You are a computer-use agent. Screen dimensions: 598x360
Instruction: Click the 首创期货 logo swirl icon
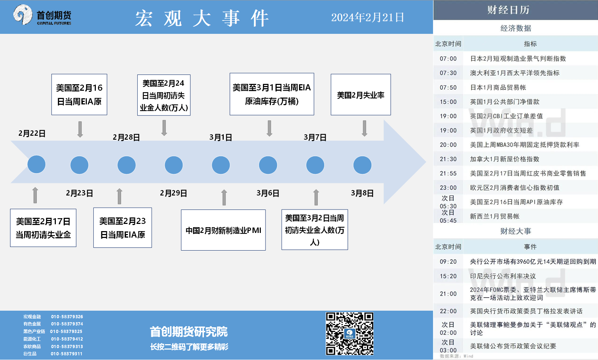pyautogui.click(x=23, y=14)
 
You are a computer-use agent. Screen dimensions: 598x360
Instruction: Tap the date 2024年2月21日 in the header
pyautogui.click(x=367, y=18)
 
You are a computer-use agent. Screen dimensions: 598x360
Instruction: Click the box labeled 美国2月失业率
pyautogui.click(x=361, y=95)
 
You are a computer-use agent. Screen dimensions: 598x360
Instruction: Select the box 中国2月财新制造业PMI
pyautogui.click(x=223, y=230)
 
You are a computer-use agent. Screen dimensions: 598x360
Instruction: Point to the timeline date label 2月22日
pyautogui.click(x=32, y=133)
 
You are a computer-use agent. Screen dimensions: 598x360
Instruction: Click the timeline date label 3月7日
pyautogui.click(x=315, y=137)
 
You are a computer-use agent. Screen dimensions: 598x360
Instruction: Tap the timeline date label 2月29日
pyautogui.click(x=174, y=193)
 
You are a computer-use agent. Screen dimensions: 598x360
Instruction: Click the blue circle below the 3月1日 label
pyautogui.click(x=221, y=165)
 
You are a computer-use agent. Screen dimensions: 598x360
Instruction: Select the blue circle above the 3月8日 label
pyautogui.click(x=362, y=165)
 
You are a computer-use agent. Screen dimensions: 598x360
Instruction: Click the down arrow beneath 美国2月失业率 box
pyautogui.click(x=365, y=129)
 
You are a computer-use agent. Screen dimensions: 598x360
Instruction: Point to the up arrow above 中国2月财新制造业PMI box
pyautogui.click(x=224, y=198)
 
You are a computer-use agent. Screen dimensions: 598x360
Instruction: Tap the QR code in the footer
pyautogui.click(x=349, y=334)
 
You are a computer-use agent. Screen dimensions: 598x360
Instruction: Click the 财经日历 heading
pyautogui.click(x=508, y=10)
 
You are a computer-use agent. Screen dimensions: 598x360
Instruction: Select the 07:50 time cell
pyautogui.click(x=448, y=87)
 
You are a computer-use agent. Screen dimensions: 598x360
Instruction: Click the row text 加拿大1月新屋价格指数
pyautogui.click(x=505, y=159)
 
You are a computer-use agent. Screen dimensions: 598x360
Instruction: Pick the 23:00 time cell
pyautogui.click(x=448, y=188)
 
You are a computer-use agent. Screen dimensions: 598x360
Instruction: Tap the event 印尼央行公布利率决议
pyautogui.click(x=503, y=276)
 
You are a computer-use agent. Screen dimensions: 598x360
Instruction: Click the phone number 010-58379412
pyautogui.click(x=67, y=339)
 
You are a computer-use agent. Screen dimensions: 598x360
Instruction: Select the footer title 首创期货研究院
pyautogui.click(x=189, y=332)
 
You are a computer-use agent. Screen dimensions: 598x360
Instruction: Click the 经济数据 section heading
pyautogui.click(x=516, y=28)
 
